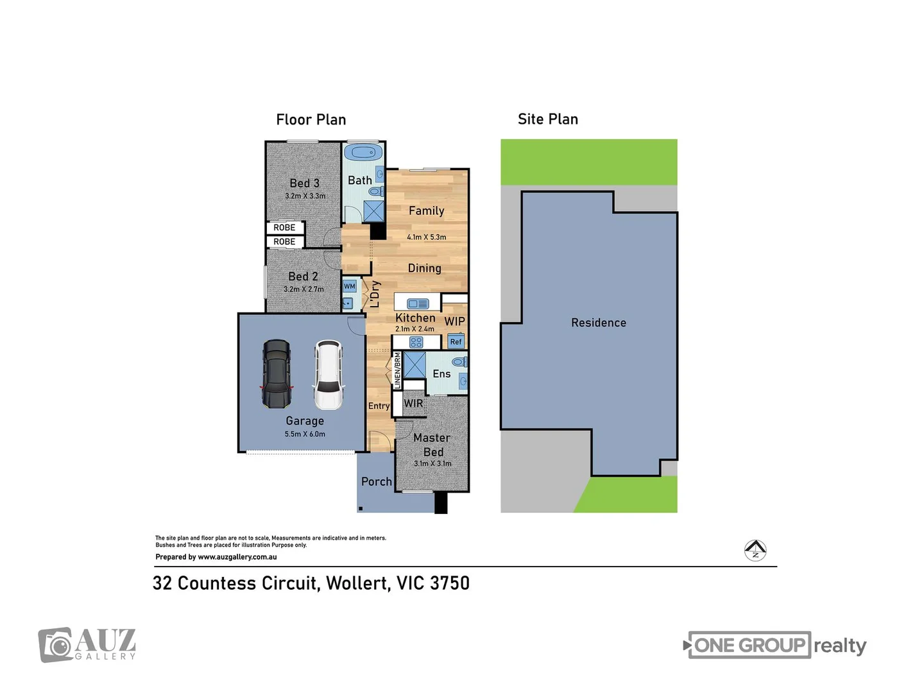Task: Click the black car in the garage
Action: pos(277,375)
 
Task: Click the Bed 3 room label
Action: pos(304,184)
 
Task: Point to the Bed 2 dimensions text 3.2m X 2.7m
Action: pos(304,289)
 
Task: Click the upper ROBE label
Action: pos(284,228)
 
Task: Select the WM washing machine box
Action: pos(349,286)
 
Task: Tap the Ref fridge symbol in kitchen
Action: pos(456,341)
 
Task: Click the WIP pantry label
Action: pos(454,321)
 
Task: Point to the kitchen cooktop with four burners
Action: pos(416,343)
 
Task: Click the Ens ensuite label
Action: pos(441,374)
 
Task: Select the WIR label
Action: pos(413,404)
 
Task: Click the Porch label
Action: pos(376,481)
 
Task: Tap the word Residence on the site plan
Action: pos(598,323)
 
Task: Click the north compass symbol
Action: pos(755,550)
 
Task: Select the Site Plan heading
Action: pos(547,119)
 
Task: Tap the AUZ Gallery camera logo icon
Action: pos(56,644)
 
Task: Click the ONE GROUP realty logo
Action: pos(776,646)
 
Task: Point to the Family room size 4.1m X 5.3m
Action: pos(426,237)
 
